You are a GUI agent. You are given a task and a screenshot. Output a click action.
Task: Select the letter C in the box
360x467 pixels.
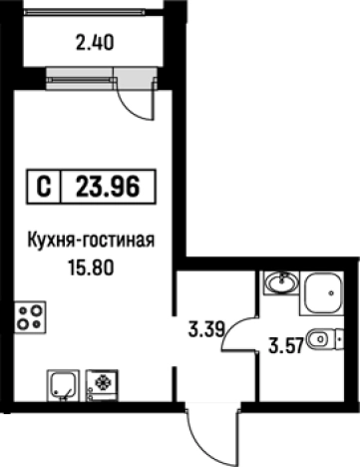click(44, 186)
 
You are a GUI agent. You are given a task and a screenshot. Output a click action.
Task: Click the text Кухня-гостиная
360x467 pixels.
click(95, 240)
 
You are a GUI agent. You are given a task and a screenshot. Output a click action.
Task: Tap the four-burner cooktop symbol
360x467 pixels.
click(30, 318)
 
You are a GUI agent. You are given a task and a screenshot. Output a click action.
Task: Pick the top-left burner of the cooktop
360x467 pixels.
click(23, 310)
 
